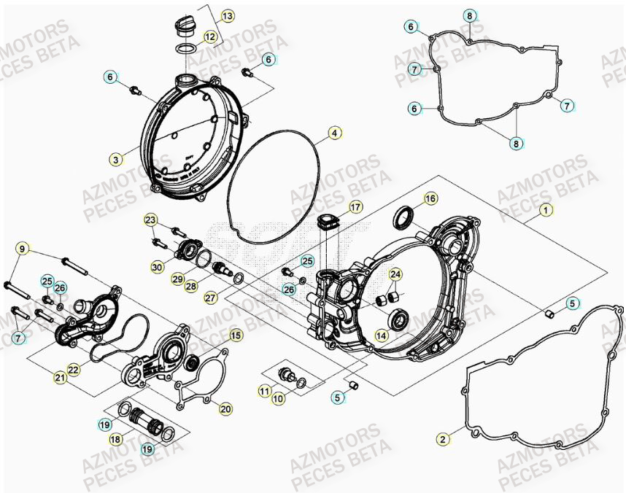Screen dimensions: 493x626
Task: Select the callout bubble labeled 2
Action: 442,438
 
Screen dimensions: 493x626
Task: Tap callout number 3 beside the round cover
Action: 116,158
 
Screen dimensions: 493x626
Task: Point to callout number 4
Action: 333,133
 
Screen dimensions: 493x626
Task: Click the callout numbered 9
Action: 22,249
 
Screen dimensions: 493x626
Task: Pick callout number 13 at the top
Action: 227,15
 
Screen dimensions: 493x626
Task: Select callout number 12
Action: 209,36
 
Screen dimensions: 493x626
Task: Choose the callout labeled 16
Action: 430,198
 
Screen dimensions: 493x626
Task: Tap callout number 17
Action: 355,207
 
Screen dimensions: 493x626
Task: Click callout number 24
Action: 395,275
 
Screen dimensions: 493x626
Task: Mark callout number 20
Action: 225,409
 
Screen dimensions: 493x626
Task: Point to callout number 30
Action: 157,268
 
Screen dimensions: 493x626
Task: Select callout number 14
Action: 381,335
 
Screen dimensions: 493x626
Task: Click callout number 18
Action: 115,440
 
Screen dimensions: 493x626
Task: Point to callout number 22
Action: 74,370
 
